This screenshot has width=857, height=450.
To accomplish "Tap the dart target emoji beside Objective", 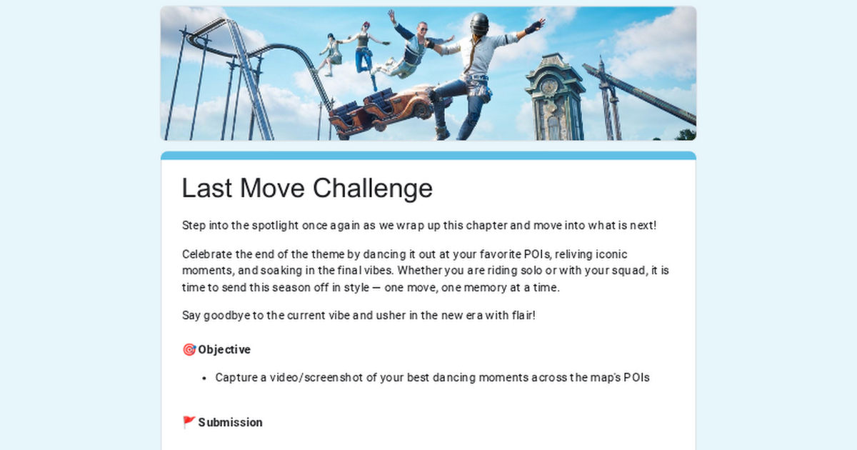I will (x=189, y=350).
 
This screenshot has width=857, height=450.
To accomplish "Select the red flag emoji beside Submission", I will (x=189, y=423).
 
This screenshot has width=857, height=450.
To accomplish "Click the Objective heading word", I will (x=224, y=350).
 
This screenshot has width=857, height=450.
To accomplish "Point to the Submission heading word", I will (x=230, y=423).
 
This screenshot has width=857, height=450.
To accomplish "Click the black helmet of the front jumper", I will (x=478, y=24).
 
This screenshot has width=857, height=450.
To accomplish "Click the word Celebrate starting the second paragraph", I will (x=208, y=254).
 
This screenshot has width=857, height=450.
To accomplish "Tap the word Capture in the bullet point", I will (x=236, y=378).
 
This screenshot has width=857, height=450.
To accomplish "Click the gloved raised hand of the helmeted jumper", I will (x=532, y=27).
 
